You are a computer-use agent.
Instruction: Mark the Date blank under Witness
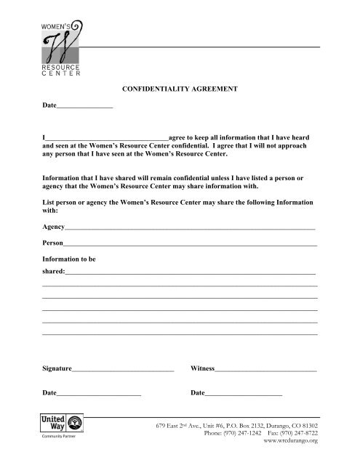click(x=243, y=395)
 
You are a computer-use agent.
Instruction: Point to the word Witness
click(x=202, y=369)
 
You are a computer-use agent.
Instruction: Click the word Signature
click(x=57, y=369)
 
